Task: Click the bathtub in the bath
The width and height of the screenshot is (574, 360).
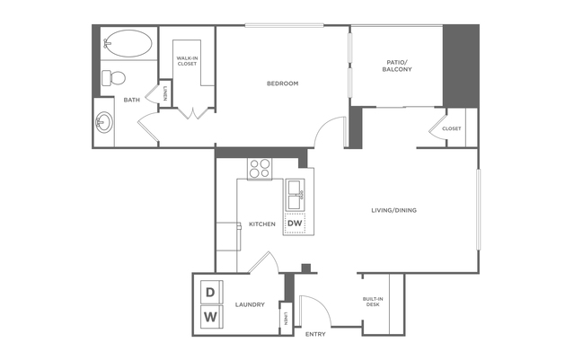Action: tap(128, 43)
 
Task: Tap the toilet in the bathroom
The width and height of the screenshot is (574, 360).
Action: tap(113, 77)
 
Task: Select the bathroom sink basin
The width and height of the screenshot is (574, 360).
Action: tap(104, 122)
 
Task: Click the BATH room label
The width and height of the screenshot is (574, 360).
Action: tap(131, 100)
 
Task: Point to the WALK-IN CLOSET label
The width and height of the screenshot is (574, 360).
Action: tap(187, 61)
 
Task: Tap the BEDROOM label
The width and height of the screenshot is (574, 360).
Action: tap(283, 83)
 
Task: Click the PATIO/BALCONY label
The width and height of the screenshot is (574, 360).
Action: tap(397, 66)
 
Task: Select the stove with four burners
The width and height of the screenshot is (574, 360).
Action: tap(260, 168)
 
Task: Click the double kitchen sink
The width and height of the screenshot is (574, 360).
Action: tap(295, 195)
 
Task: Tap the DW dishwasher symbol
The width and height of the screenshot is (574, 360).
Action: tap(295, 223)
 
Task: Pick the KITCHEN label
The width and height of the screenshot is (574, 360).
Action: tap(262, 224)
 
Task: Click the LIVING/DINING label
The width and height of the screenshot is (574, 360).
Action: tap(393, 210)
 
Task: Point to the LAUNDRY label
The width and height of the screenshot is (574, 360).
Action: tap(250, 304)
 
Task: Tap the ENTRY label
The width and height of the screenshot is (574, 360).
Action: tap(315, 334)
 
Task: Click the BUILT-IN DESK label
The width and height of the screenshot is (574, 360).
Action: tap(373, 302)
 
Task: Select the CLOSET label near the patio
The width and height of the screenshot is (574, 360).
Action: tap(451, 128)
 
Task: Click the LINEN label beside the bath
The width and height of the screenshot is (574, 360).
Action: tap(165, 93)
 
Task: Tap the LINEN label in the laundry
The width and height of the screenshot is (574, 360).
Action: tap(286, 319)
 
